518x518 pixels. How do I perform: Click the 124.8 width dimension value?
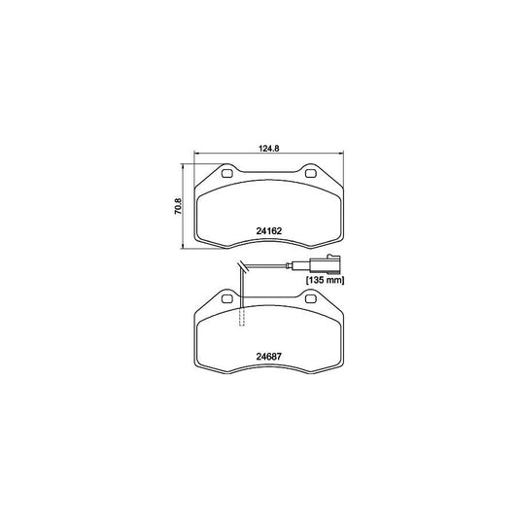(x=267, y=148)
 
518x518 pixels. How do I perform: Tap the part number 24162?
(x=268, y=230)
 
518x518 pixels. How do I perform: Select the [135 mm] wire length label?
(x=326, y=280)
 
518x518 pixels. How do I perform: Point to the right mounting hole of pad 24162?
(x=311, y=175)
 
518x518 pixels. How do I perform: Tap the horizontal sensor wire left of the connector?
(x=282, y=265)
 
